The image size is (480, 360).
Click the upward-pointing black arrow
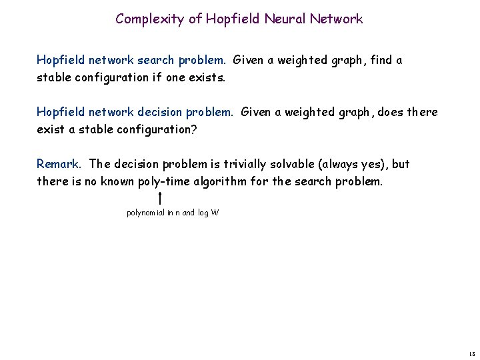[161, 198]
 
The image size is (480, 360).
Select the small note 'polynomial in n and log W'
[173, 213]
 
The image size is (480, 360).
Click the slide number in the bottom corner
[471, 354]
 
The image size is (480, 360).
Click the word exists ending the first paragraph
[209, 77]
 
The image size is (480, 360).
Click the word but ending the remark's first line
[400, 163]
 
